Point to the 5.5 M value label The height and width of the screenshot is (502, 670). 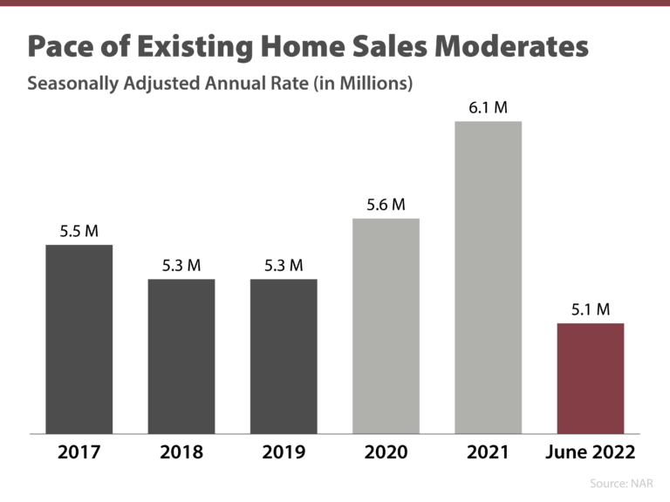79,232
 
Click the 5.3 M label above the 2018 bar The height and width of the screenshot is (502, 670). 181,266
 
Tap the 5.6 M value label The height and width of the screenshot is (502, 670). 386,205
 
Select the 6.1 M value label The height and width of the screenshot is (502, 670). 488,108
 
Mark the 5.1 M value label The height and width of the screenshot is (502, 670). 591,309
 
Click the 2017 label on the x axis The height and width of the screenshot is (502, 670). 79,452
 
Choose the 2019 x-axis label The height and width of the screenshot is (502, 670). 284,452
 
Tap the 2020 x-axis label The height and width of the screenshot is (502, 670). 386,452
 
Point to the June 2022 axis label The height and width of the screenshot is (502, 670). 591,452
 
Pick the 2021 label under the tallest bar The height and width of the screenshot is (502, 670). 488,452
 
